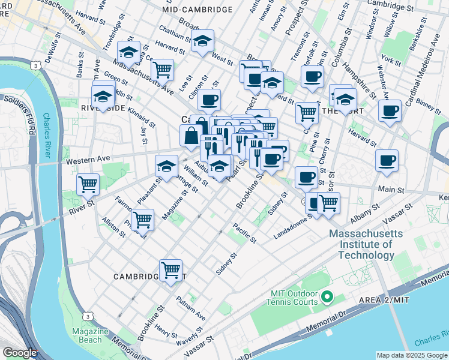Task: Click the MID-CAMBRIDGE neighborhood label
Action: click(197, 10)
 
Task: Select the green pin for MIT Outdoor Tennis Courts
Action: click(327, 297)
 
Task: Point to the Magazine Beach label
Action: click(90, 335)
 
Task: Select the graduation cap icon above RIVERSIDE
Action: click(103, 96)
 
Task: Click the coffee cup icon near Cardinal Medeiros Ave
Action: click(390, 111)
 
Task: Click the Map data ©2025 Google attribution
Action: click(411, 355)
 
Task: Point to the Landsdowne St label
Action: click(292, 226)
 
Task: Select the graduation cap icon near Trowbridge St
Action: click(128, 52)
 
